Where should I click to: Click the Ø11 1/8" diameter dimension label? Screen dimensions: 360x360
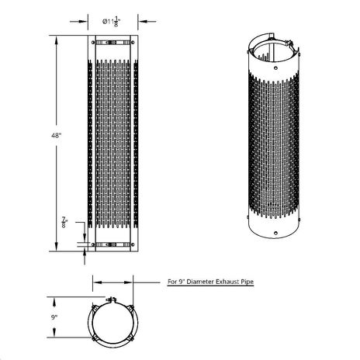112,22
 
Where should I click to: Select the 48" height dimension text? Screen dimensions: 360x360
56,135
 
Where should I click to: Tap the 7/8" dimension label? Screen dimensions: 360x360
64,222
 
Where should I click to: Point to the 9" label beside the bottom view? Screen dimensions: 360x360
54,317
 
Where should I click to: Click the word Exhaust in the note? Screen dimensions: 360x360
227,282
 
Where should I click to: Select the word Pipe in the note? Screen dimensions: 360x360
247,282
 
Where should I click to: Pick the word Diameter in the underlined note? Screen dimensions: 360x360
200,282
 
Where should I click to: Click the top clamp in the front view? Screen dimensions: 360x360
112,43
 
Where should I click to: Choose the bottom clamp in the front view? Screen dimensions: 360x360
112,244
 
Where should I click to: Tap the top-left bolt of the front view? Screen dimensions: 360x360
93,43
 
